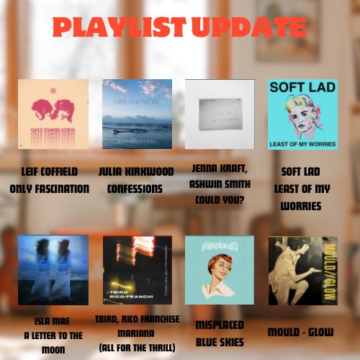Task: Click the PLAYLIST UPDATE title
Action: (179, 27)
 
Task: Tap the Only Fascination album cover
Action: (53, 114)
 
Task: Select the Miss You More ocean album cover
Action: (137, 114)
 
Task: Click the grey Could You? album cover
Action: (220, 114)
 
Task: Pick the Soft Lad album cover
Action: (302, 114)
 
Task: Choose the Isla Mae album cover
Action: (53, 269)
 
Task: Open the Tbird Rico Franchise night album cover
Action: (137, 269)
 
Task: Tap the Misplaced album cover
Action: (220, 269)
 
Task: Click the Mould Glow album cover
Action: (302, 269)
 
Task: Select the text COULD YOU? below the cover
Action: (220, 200)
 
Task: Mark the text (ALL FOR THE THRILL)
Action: (137, 347)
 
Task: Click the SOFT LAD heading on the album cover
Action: (302, 89)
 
